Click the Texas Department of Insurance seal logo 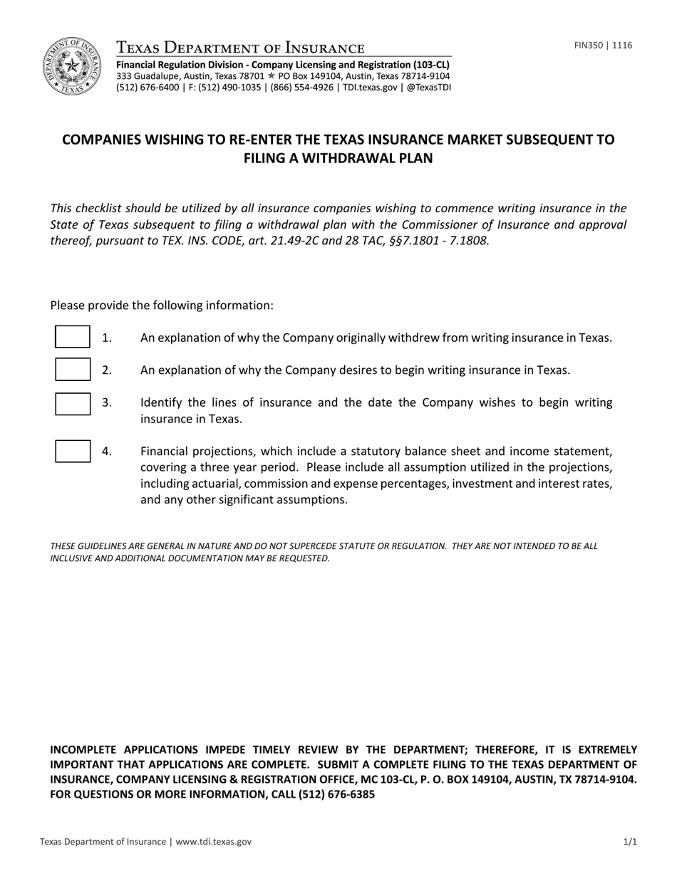point(71,66)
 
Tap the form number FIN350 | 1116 point(603,46)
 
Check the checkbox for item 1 point(73,337)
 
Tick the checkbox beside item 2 point(73,370)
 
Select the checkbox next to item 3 point(73,403)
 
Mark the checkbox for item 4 point(73,452)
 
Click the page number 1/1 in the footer point(630,842)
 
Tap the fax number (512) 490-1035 point(230,88)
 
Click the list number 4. point(107,451)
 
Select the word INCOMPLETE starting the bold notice point(84,749)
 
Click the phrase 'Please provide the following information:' point(161,306)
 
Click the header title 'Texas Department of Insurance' point(240,48)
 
